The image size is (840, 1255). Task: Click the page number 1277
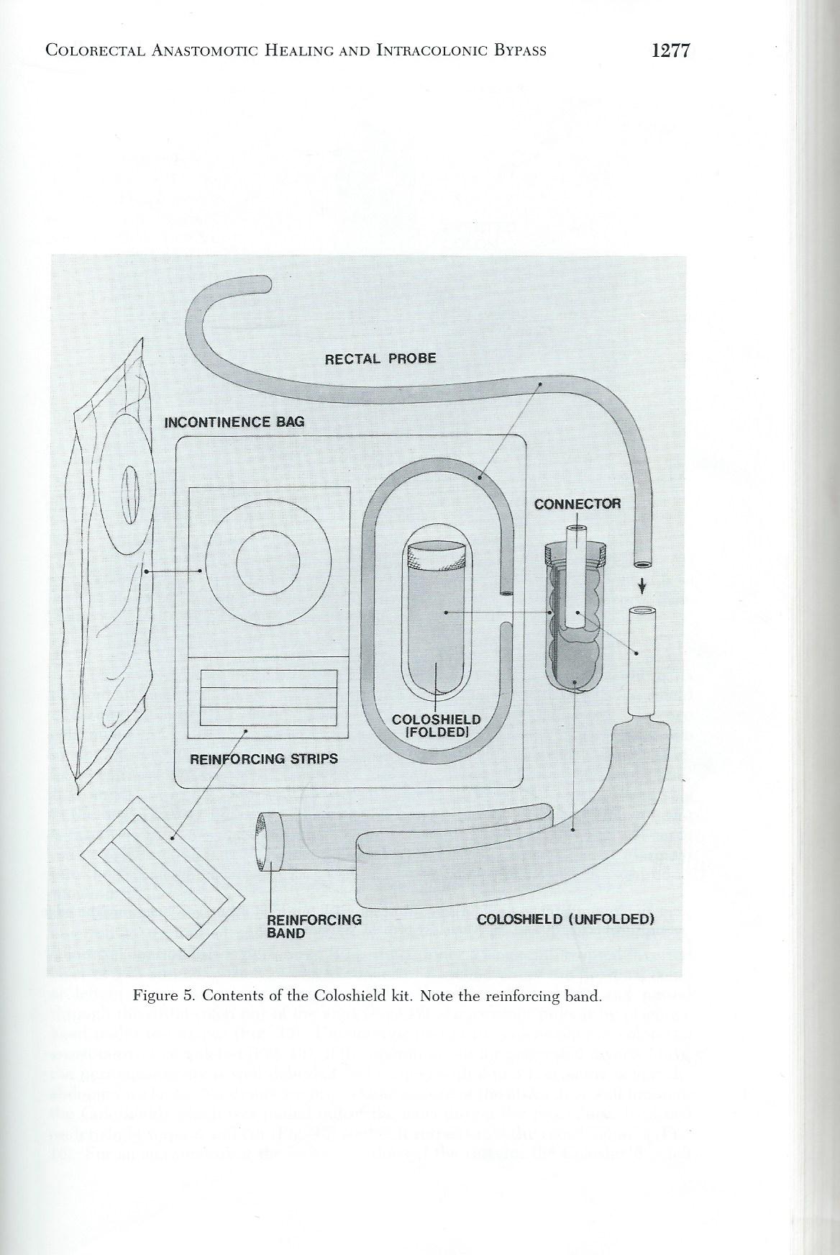click(x=670, y=50)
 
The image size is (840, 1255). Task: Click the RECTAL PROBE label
click(x=380, y=358)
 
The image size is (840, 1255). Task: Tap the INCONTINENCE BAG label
click(x=234, y=422)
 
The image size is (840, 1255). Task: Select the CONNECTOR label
click(x=577, y=504)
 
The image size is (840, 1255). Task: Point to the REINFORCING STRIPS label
click(x=263, y=758)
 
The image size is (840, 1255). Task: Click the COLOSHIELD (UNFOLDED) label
click(x=566, y=919)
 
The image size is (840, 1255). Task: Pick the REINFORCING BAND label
click(x=314, y=926)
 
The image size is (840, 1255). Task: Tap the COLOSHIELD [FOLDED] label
click(x=436, y=726)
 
